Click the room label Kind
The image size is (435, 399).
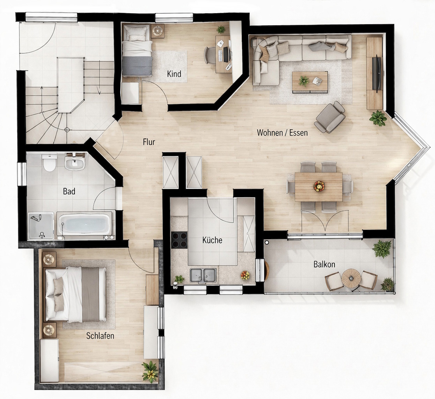174,74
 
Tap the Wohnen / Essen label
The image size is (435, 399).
282,132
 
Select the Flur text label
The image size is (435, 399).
149,142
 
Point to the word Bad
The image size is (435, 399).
69,191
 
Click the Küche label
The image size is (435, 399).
212,240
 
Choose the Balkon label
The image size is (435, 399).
324,264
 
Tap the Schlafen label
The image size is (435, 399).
100,336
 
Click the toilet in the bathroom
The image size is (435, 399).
50,163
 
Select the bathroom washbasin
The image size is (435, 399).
75,163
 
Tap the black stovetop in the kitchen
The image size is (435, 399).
180,240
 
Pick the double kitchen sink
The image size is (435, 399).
203,275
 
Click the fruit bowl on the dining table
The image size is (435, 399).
319,186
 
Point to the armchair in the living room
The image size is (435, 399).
330,117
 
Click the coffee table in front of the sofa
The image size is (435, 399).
310,82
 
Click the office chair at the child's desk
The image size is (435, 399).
210,55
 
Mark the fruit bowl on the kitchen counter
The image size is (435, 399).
245,275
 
